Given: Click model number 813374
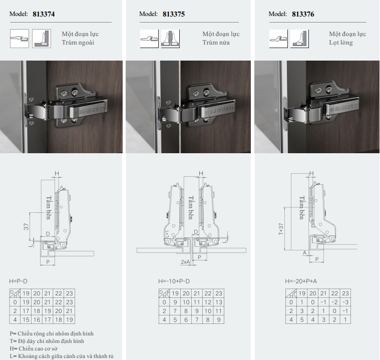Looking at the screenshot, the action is pos(44,14).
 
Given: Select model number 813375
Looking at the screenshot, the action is pos(174,14).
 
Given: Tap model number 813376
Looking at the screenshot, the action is pos(303,14).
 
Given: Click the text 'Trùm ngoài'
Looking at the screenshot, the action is pos(78,43).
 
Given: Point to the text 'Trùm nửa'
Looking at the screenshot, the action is pos(216,43).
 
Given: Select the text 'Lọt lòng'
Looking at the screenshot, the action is pos(341,43).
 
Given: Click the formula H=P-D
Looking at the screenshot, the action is pos(18,281).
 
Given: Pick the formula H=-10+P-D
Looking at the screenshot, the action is pos(174,281).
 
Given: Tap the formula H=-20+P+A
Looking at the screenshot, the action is pos(301,281).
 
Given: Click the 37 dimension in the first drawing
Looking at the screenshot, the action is pos(26,227).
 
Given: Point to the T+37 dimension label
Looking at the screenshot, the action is pos(281,229).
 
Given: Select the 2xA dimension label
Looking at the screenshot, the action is pos(185,262).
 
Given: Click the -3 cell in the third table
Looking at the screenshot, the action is pos(345,302).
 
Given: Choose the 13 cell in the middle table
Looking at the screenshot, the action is pos(219,302).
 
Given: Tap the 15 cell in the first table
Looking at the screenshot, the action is pos(26,320).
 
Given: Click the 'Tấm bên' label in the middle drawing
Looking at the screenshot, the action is pos(191,208).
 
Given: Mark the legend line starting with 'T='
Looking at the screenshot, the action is pos(47,341).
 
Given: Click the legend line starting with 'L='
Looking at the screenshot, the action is pos(62,356).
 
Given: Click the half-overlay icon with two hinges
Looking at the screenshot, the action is pos(170,39).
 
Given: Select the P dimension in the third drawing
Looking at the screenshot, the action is pos(317,259).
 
